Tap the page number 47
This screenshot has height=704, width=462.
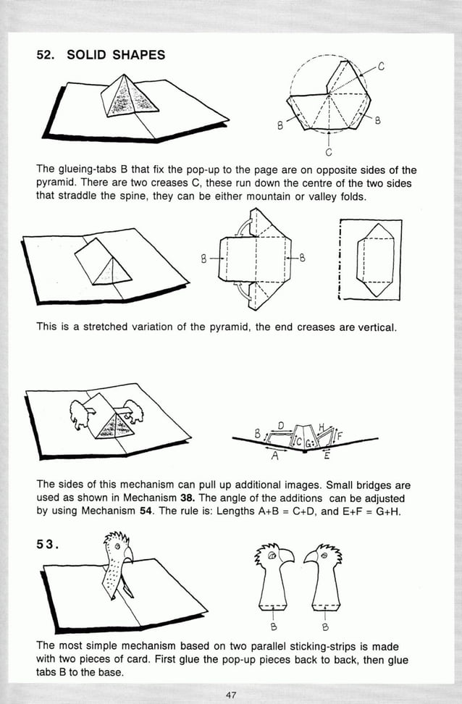point(231,695)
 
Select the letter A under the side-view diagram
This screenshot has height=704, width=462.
point(274,456)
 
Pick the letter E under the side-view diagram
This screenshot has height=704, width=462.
point(327,456)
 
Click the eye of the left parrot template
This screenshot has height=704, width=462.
point(272,555)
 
